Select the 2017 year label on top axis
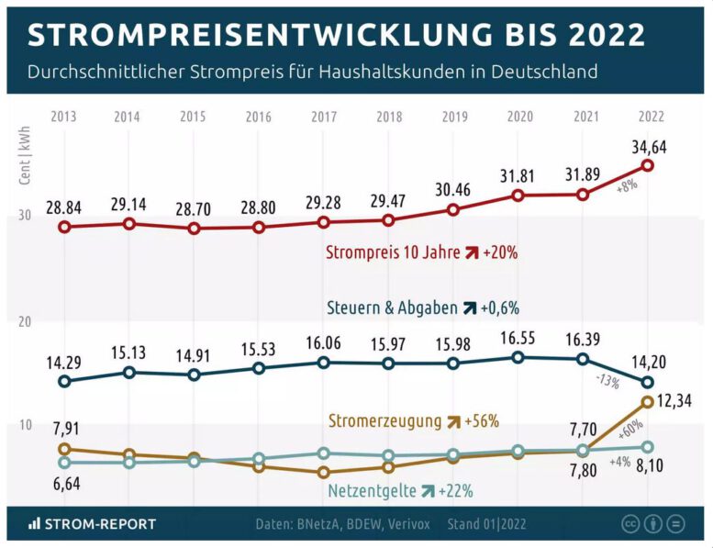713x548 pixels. (324, 117)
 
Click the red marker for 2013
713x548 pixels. (64, 226)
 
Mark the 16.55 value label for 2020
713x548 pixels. (518, 339)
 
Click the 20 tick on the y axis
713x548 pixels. (25, 321)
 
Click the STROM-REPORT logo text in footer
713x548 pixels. (93, 524)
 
